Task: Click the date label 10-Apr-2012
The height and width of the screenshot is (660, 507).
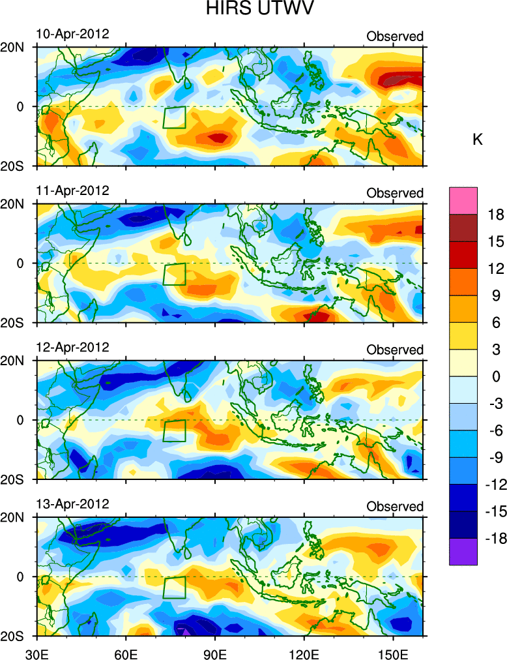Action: [72, 34]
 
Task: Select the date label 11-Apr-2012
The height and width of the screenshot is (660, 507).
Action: [72, 190]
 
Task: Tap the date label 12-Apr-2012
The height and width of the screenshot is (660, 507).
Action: [72, 347]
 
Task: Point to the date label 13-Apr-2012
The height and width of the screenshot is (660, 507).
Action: [72, 504]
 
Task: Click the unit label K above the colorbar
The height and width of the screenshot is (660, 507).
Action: [477, 140]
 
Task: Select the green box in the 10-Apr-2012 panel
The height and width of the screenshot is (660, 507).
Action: [175, 117]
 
